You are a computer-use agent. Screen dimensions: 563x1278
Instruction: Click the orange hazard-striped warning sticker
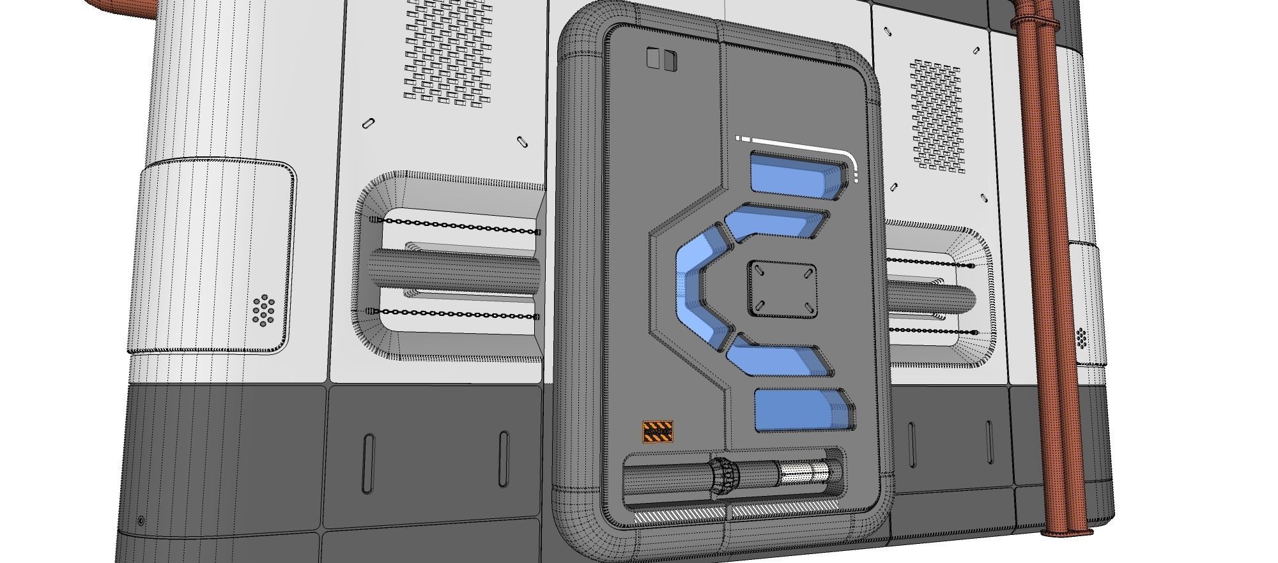click(658, 432)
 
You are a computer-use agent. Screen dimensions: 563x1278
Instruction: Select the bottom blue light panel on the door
click(802, 409)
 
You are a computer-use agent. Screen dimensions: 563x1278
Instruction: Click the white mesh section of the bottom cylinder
click(804, 474)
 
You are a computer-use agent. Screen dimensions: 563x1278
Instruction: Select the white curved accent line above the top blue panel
click(799, 146)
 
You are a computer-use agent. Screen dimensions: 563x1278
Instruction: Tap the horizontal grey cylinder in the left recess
click(454, 269)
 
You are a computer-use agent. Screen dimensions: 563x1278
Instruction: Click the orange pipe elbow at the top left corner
click(121, 8)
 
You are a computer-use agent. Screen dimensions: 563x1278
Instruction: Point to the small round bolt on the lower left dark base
click(141, 521)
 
